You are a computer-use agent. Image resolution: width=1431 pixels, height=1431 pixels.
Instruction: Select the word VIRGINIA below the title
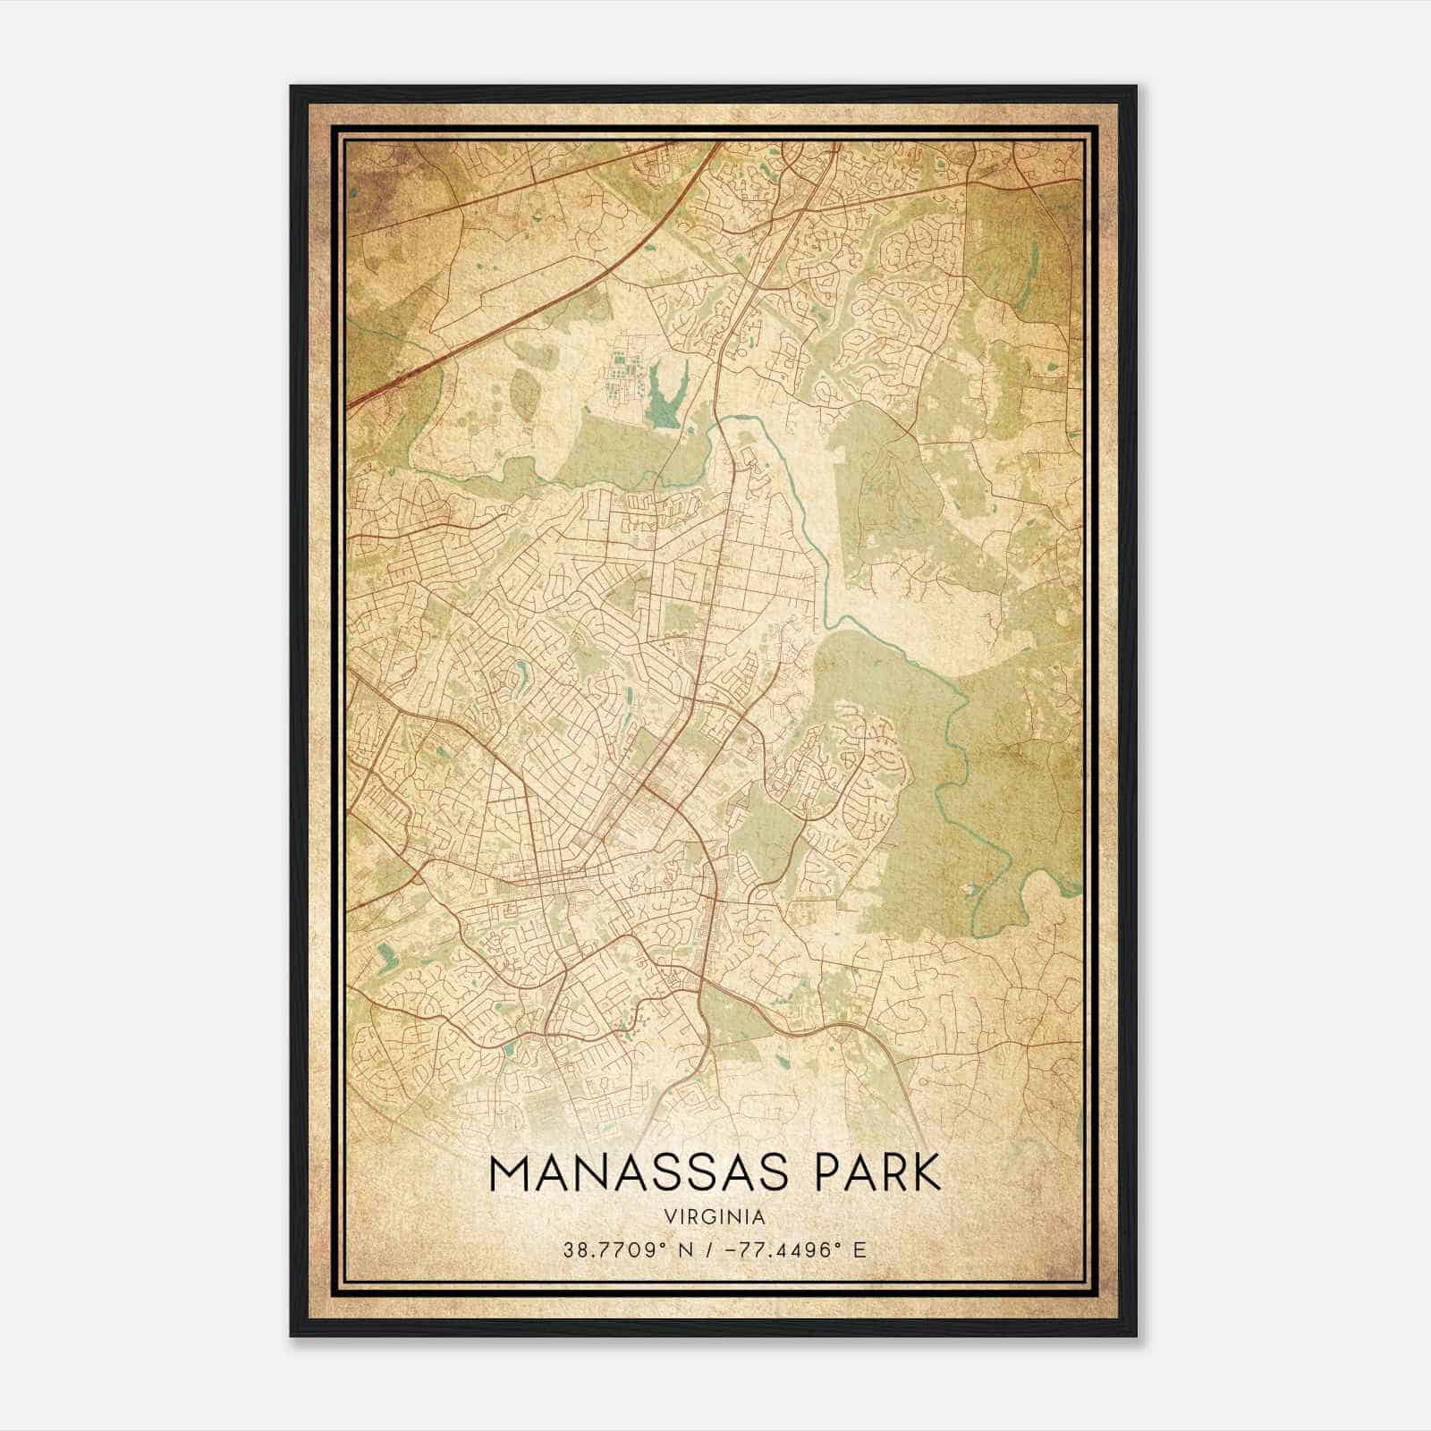[x=715, y=1217]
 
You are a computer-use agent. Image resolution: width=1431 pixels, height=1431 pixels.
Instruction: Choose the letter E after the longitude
[x=859, y=1249]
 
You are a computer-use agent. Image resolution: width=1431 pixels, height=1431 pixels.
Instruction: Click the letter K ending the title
[x=927, y=1173]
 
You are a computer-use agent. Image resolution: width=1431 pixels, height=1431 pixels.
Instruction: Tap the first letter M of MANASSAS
[x=508, y=1173]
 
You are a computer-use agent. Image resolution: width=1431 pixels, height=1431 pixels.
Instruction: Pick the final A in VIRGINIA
[x=759, y=1217]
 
